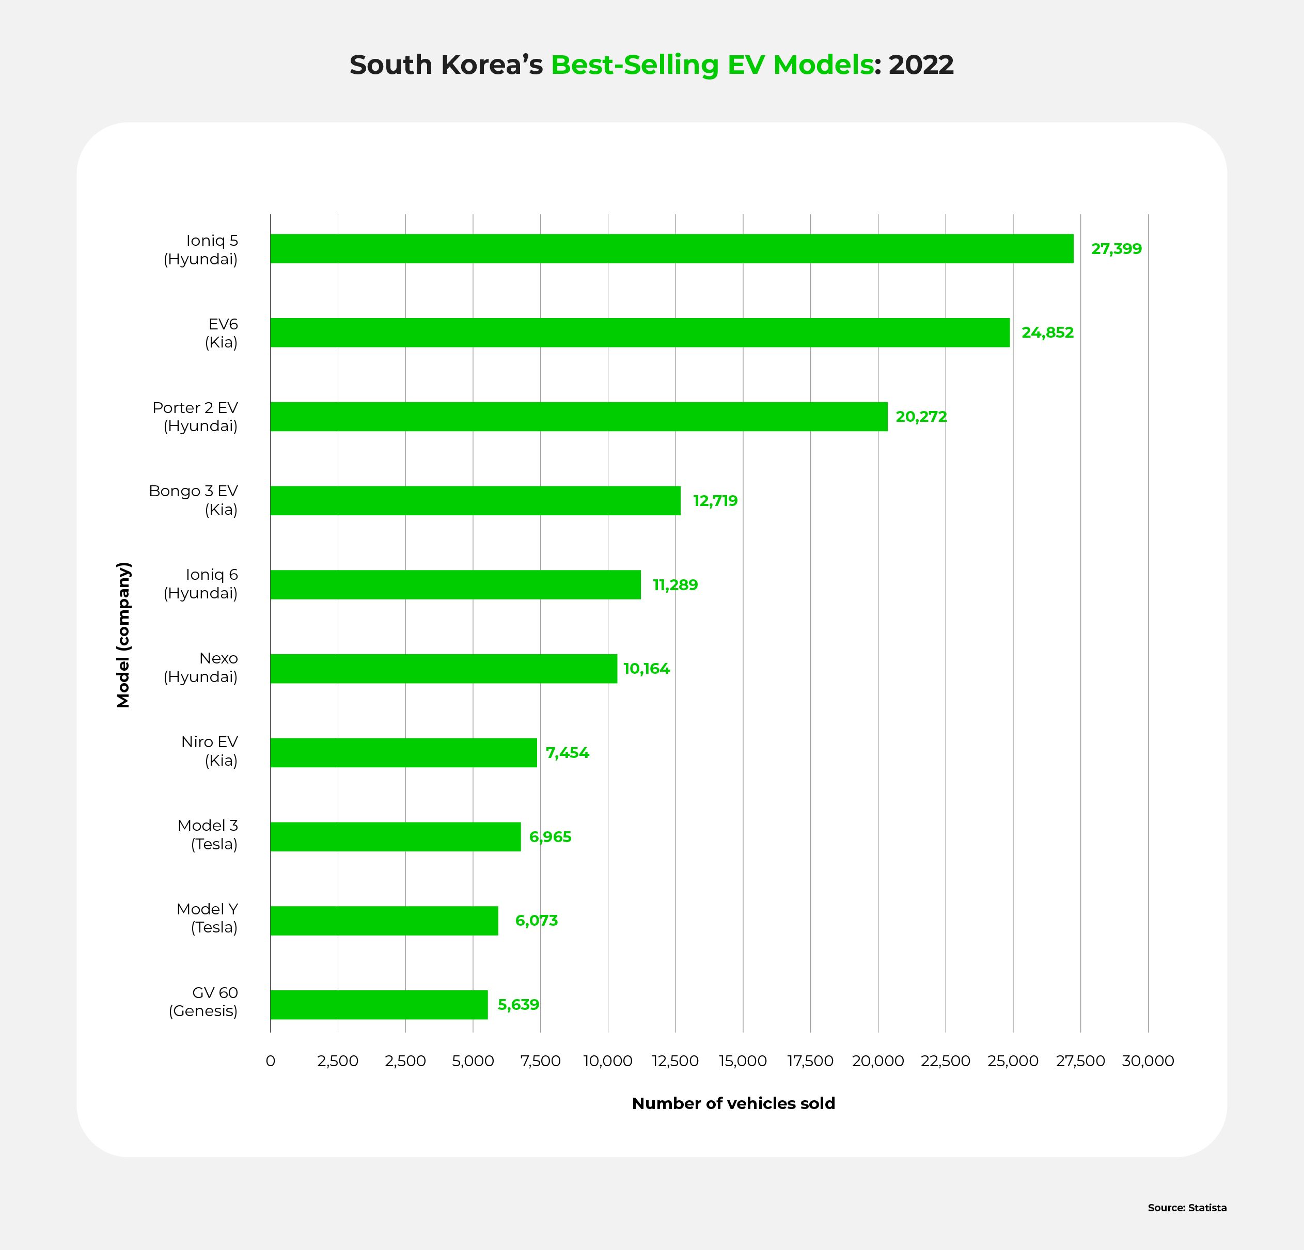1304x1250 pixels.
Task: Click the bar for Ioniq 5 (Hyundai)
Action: click(671, 248)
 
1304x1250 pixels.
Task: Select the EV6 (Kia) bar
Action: click(639, 333)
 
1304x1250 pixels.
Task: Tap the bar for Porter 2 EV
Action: click(578, 417)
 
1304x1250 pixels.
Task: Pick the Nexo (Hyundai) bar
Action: click(443, 669)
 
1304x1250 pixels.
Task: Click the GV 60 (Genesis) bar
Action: click(379, 1005)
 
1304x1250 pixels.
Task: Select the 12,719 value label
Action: click(715, 501)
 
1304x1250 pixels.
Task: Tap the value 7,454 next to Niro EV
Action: click(567, 753)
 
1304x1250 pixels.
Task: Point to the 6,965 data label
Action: click(549, 837)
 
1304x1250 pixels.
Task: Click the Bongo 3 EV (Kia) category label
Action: click(193, 500)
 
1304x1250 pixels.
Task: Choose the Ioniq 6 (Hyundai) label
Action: click(201, 584)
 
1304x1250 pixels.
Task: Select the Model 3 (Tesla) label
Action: click(208, 835)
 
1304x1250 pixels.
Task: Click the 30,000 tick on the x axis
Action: click(1148, 1061)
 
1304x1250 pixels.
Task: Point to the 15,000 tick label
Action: click(743, 1061)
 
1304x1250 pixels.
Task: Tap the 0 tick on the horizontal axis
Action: click(270, 1061)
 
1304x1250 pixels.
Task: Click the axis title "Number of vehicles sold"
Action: click(733, 1104)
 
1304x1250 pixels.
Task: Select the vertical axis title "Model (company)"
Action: click(124, 635)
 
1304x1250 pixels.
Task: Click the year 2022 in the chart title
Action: click(921, 65)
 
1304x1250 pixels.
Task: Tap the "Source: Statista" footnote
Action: click(1187, 1208)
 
